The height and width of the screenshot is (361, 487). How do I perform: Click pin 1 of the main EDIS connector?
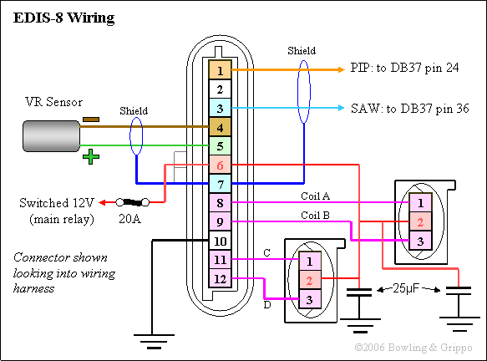tap(220, 70)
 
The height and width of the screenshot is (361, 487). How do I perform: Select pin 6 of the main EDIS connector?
tap(220, 165)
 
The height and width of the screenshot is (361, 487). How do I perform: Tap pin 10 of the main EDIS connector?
tap(220, 241)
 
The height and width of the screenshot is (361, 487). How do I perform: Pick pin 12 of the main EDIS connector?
tap(220, 278)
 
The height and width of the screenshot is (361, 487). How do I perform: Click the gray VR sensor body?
tap(51, 136)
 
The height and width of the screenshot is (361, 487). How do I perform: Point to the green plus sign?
tap(91, 156)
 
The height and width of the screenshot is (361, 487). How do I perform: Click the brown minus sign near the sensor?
tap(91, 119)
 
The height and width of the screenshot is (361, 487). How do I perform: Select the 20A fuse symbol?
tap(133, 202)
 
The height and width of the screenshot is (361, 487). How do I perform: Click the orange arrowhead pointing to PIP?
tap(341, 69)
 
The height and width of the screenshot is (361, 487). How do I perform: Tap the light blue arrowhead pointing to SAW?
tap(341, 108)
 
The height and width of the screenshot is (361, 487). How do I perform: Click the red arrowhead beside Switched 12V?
tap(103, 202)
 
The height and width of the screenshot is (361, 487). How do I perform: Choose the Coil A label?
tap(315, 196)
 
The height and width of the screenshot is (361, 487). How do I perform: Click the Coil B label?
tap(315, 215)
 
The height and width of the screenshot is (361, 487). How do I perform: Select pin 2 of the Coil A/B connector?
tap(420, 221)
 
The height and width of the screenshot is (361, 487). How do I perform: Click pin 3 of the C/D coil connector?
tap(309, 299)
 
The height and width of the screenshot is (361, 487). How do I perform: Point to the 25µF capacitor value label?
tap(406, 288)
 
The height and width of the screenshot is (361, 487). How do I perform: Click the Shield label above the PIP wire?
tap(302, 51)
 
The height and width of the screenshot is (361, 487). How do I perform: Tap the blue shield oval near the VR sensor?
tap(136, 135)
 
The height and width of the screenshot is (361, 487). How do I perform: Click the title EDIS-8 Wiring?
tap(64, 18)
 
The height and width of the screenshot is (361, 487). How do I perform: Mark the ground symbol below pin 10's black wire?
tap(154, 342)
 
